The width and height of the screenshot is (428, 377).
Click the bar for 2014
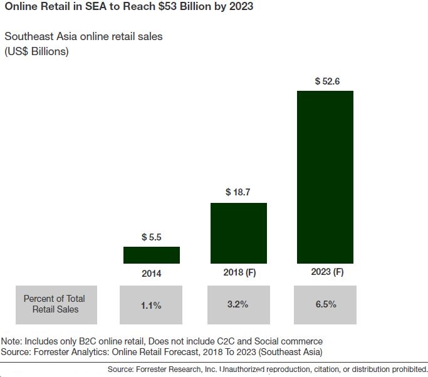(x=152, y=255)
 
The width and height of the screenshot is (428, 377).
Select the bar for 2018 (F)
(x=238, y=233)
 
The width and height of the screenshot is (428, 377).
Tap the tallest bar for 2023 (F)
(x=325, y=177)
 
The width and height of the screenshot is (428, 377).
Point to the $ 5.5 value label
(x=152, y=237)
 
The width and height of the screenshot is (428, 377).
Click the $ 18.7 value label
(x=238, y=193)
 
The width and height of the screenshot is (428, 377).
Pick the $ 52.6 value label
(x=325, y=81)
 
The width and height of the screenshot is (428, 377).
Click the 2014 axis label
(x=152, y=274)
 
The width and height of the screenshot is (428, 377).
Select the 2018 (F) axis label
(x=238, y=272)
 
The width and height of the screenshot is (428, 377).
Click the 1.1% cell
(x=151, y=305)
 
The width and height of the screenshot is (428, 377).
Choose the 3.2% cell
(x=238, y=304)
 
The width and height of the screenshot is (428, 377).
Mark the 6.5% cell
(x=325, y=304)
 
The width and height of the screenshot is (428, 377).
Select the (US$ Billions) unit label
(x=37, y=51)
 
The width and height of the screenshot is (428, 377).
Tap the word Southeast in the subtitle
(x=27, y=36)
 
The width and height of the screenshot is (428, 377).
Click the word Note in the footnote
(x=12, y=341)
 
